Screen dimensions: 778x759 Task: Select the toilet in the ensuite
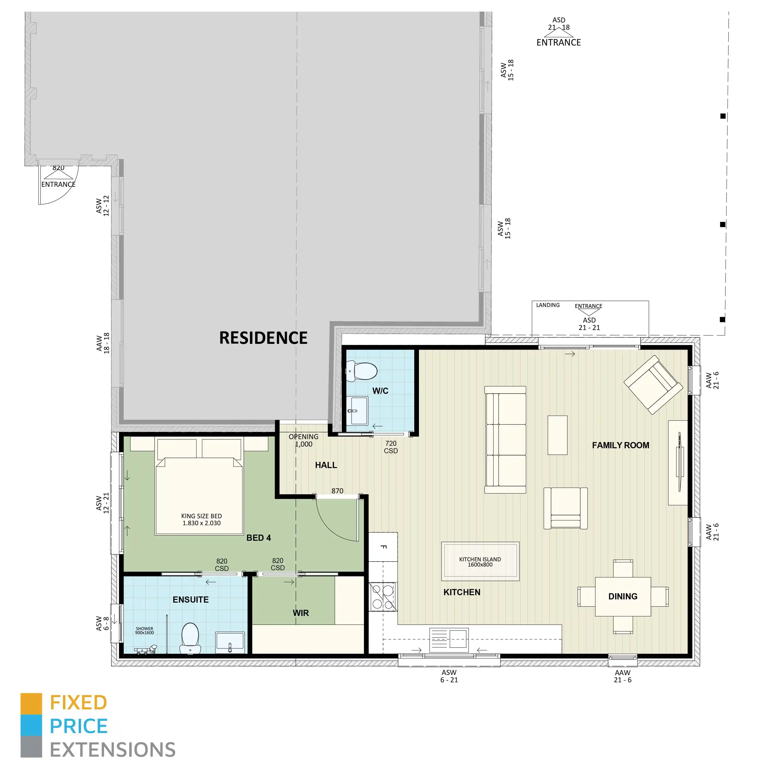point(190,637)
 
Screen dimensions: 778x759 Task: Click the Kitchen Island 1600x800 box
point(480,562)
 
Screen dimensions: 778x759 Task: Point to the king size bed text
point(201,519)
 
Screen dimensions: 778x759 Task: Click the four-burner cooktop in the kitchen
point(383,597)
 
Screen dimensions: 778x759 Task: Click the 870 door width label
point(337,491)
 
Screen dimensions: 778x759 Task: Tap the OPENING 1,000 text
point(303,440)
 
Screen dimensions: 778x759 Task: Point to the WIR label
point(300,613)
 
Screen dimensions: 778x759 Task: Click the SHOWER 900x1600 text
point(144,631)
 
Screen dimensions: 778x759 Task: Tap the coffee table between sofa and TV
point(557,435)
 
